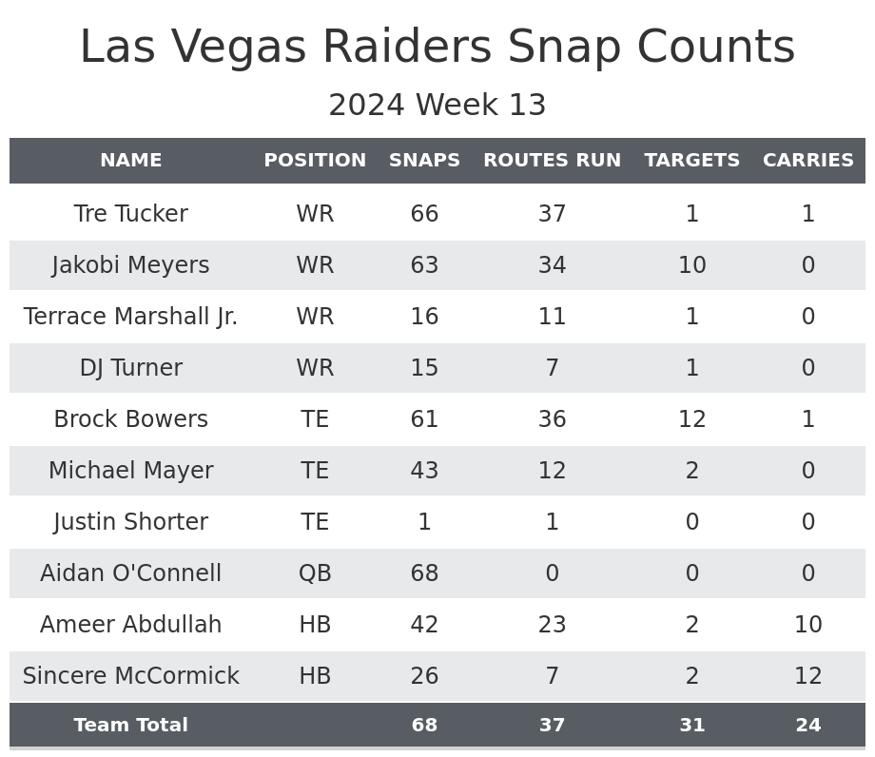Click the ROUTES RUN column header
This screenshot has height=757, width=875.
click(x=552, y=161)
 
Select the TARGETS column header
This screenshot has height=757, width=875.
click(x=691, y=161)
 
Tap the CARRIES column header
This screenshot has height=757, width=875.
click(x=807, y=161)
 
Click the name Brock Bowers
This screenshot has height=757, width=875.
click(x=130, y=419)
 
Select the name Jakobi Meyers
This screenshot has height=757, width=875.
click(x=130, y=265)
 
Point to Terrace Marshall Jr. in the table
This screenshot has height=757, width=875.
click(x=130, y=317)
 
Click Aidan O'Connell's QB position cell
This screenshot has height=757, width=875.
click(x=315, y=573)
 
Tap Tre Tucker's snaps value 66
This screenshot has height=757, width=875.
click(x=424, y=214)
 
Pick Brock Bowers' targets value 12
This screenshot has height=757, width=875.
click(x=691, y=419)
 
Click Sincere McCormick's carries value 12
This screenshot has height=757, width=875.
click(x=807, y=676)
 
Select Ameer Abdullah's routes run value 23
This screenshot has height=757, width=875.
click(x=552, y=625)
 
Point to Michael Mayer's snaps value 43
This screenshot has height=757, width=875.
click(x=424, y=471)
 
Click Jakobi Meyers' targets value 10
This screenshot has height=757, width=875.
click(x=691, y=265)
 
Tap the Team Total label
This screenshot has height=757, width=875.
click(x=130, y=726)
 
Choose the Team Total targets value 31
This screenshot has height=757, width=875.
click(x=691, y=726)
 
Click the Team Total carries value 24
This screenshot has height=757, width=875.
click(x=807, y=726)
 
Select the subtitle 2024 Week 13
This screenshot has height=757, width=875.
click(x=437, y=106)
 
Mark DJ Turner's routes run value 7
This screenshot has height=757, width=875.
click(x=552, y=368)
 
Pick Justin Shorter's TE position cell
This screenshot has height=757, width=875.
click(x=315, y=522)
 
